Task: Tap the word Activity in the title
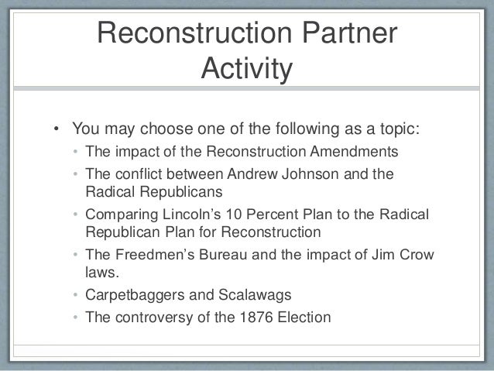click(x=246, y=70)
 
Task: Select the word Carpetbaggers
click(x=132, y=295)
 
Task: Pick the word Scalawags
click(x=239, y=295)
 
